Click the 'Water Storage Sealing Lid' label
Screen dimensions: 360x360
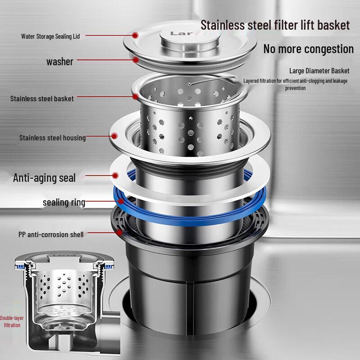[x=50, y=36]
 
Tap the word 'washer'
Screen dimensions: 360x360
[x=59, y=62]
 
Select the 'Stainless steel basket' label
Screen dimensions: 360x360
[x=42, y=98]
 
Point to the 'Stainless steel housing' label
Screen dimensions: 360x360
[x=52, y=138]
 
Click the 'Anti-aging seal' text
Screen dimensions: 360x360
[x=44, y=178]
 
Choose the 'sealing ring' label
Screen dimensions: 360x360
[x=64, y=202]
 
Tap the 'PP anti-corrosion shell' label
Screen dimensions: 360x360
[x=51, y=234]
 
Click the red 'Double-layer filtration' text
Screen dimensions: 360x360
[x=12, y=321]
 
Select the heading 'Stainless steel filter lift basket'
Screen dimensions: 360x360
[x=275, y=25]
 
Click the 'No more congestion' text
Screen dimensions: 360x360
[x=308, y=49]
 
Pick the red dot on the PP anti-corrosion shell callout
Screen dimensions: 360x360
[x=119, y=233]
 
